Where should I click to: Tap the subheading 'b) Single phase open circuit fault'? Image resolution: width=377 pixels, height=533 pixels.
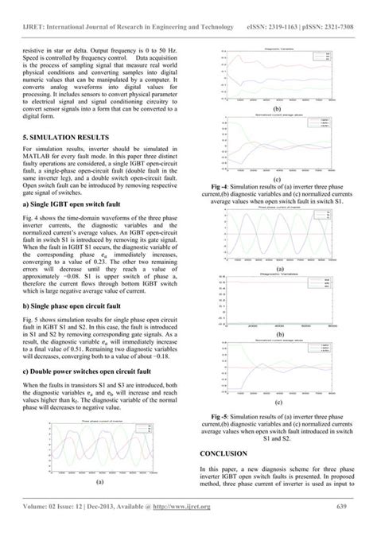77,282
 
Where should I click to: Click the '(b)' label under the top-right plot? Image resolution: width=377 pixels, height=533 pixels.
275,108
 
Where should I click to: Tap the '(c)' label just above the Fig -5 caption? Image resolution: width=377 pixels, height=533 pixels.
275,403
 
